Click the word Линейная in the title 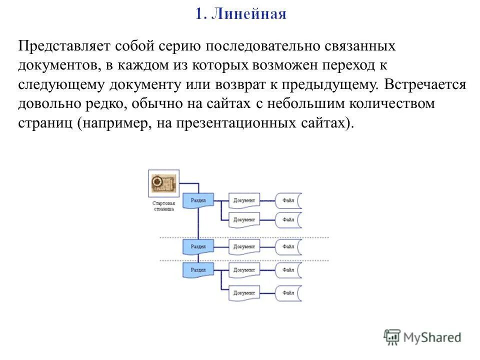pos(249,13)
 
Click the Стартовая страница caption pos(163,207)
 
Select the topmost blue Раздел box pos(198,200)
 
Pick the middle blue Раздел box pos(198,246)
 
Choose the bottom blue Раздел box pos(198,269)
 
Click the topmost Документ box pos(244,200)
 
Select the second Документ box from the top pos(244,219)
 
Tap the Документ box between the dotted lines pos(244,246)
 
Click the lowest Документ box pos(244,292)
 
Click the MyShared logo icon pos(392,336)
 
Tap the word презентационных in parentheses pos(237,123)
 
